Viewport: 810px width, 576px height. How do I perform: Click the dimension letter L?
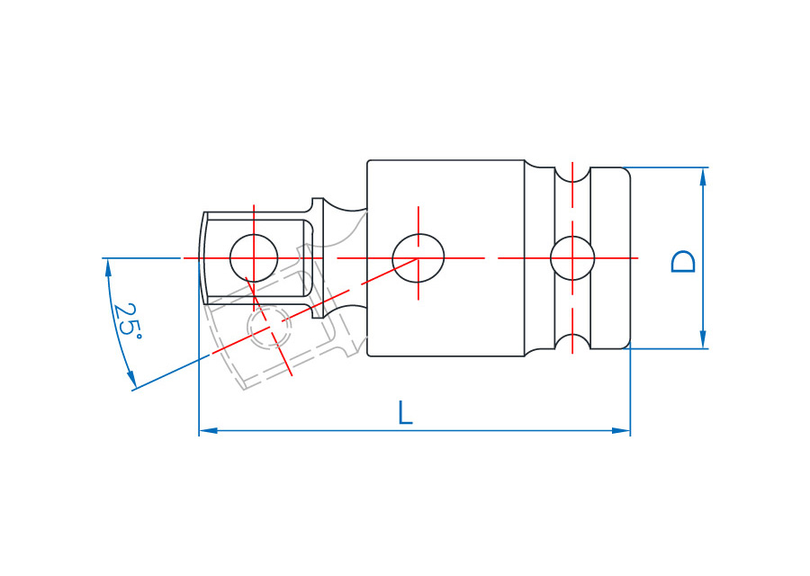pyautogui.click(x=406, y=412)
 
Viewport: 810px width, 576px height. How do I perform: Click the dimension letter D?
pyautogui.click(x=683, y=262)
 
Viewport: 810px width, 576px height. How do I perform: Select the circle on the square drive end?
pyautogui.click(x=254, y=258)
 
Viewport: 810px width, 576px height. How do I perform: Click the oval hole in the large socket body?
pyautogui.click(x=418, y=258)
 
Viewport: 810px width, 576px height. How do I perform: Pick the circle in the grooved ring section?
pyautogui.click(x=572, y=258)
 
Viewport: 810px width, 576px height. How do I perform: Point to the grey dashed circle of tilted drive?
pyautogui.click(x=269, y=327)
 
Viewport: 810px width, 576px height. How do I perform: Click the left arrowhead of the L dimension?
pyautogui.click(x=208, y=430)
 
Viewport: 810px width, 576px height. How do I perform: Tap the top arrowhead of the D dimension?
pyautogui.click(x=703, y=176)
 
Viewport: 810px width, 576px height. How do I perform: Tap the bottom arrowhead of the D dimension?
pyautogui.click(x=703, y=339)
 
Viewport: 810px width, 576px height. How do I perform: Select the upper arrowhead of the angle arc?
pyautogui.click(x=108, y=267)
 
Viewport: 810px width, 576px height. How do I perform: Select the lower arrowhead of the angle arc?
pyautogui.click(x=131, y=379)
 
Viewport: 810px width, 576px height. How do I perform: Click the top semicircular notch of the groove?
pyautogui.click(x=572, y=175)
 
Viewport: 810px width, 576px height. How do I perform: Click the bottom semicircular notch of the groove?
pyautogui.click(x=572, y=341)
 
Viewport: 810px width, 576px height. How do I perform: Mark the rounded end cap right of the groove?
pyautogui.click(x=610, y=258)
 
